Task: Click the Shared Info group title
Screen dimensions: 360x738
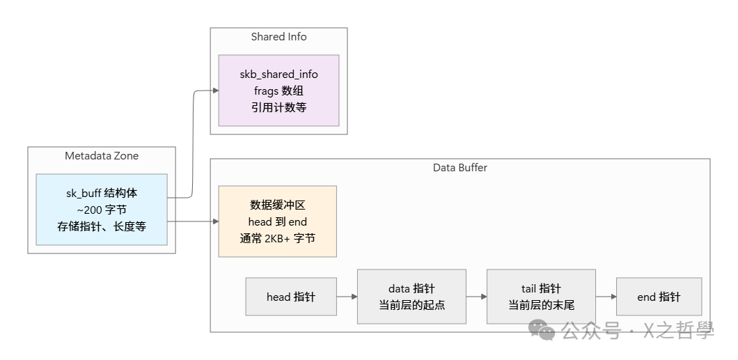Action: tap(278, 37)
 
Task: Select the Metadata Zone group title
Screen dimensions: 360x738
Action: tap(102, 156)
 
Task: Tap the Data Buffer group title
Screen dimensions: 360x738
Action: tap(460, 167)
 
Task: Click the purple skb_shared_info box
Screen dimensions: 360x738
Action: tap(278, 91)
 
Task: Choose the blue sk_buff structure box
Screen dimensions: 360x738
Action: tap(102, 210)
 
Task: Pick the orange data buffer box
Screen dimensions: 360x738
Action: tap(278, 221)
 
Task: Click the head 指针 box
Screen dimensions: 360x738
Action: tap(291, 297)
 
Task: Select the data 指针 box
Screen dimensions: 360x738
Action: tap(411, 297)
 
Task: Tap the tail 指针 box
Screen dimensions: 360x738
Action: tap(541, 297)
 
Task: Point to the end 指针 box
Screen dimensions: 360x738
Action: tap(659, 297)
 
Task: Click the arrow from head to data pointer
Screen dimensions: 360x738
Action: tap(347, 297)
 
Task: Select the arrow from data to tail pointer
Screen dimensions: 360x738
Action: tap(476, 297)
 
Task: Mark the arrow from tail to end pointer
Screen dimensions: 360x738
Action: tap(606, 297)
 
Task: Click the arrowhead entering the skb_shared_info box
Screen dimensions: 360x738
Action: tap(215, 91)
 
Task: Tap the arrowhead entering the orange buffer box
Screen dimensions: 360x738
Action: tap(215, 221)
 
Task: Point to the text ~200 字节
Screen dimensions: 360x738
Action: tap(102, 210)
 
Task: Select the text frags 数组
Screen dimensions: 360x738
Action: tap(278, 91)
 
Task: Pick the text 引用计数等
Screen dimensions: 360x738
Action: tap(278, 107)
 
